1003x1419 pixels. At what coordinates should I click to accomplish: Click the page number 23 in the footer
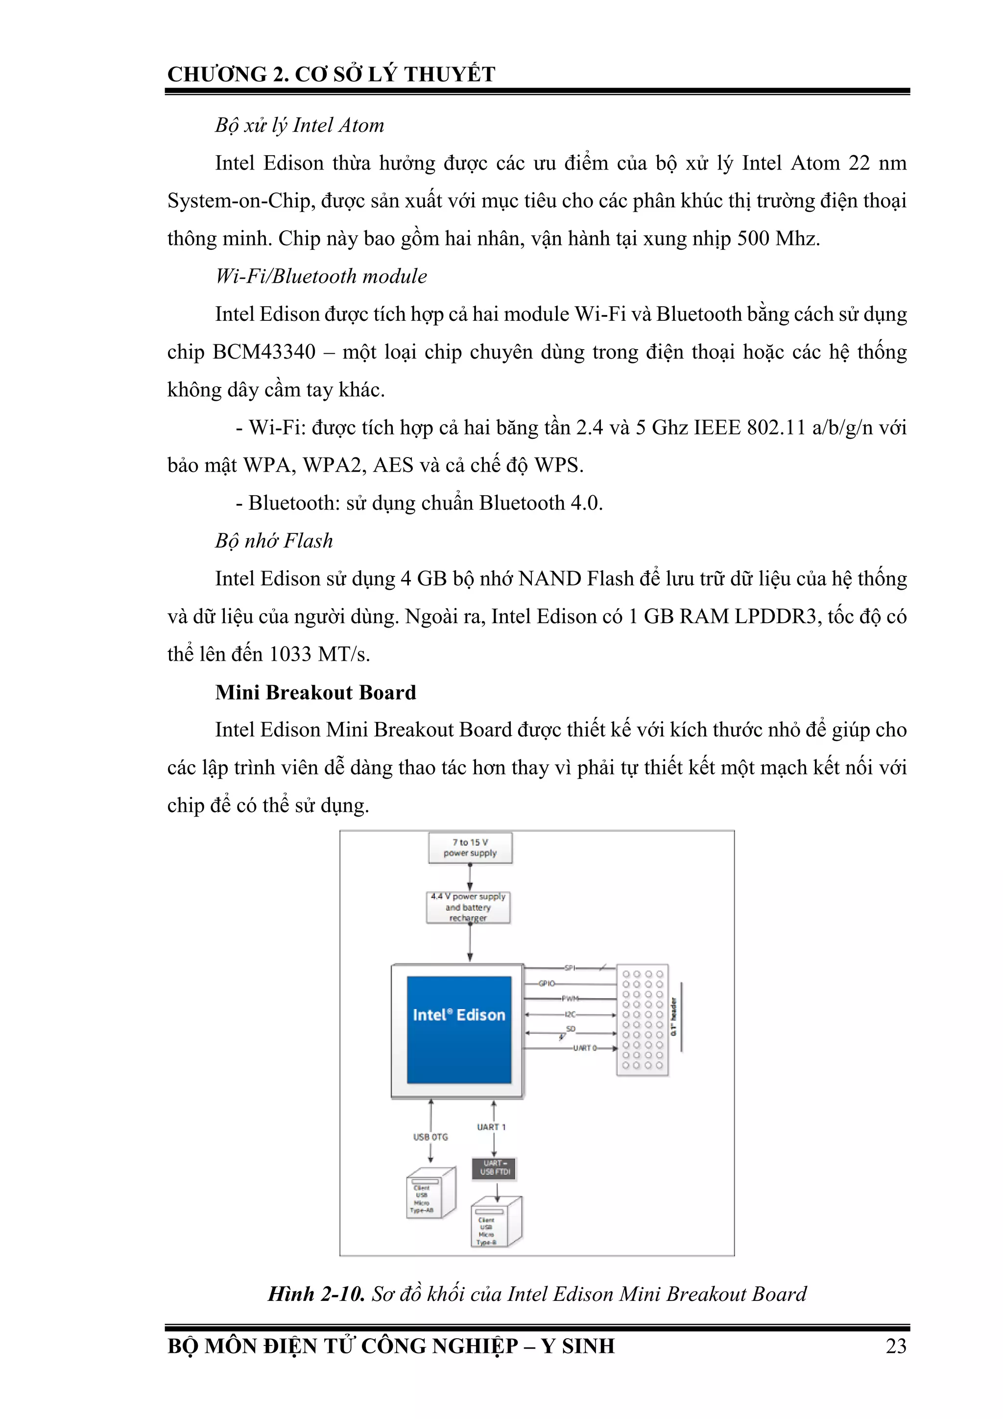coord(895,1346)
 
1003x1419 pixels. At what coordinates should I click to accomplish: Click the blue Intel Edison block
coord(458,1029)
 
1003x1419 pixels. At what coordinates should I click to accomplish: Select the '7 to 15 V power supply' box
coord(470,847)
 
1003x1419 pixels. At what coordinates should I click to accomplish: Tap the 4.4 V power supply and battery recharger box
coord(468,907)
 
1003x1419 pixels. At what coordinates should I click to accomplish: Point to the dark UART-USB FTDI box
coord(494,1167)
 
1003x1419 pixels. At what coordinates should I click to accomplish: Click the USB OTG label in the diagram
coord(430,1136)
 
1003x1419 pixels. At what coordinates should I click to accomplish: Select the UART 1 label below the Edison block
coord(491,1127)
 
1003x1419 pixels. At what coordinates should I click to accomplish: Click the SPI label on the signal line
coord(569,968)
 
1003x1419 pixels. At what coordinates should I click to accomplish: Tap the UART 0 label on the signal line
coord(584,1048)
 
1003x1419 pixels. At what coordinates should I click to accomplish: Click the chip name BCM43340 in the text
coord(264,352)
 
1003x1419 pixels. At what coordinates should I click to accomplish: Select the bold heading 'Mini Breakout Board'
coord(315,692)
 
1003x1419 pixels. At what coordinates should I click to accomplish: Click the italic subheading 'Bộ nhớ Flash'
coord(274,541)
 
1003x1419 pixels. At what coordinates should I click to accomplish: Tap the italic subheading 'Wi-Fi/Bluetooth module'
coord(321,276)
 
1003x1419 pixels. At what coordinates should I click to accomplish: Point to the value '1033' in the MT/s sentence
coord(290,654)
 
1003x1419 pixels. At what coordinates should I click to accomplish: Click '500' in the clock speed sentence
coord(753,239)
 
